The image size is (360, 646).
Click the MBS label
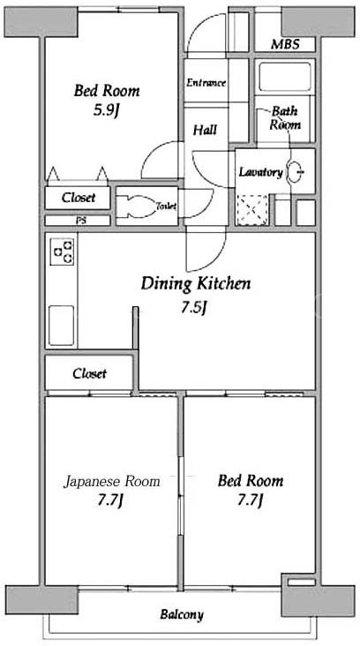tap(285, 44)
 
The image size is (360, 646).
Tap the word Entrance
tap(206, 82)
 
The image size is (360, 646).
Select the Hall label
tap(205, 131)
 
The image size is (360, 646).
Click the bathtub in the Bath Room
tap(285, 76)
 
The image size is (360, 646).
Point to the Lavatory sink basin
tap(295, 171)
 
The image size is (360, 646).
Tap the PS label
tap(78, 220)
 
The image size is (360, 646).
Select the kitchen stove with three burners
tap(62, 252)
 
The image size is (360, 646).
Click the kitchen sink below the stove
tap(62, 325)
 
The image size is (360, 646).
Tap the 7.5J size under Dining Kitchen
tap(193, 308)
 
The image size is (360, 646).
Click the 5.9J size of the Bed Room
tap(106, 110)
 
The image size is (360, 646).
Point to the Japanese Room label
tap(111, 482)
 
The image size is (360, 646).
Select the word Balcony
tap(182, 615)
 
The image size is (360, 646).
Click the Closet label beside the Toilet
tap(79, 198)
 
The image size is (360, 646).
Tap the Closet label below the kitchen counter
tap(89, 373)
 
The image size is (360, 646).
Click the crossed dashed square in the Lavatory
tap(252, 209)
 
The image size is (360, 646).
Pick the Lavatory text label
tap(261, 173)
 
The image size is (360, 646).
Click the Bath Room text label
tap(285, 118)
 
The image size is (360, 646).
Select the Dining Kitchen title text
tap(196, 283)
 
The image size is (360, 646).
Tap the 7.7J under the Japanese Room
tap(110, 500)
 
